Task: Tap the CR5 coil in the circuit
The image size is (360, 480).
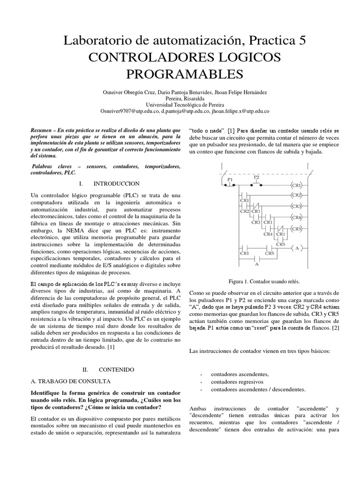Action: [x=296, y=229]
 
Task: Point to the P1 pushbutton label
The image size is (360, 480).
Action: [x=230, y=180]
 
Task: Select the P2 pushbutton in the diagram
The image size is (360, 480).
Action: [x=256, y=178]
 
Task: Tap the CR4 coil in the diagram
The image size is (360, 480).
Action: [x=296, y=217]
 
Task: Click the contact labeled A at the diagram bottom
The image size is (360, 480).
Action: [x=256, y=264]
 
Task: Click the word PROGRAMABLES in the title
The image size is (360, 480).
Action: [x=185, y=74]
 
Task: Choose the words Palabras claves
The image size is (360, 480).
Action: [x=51, y=166]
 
